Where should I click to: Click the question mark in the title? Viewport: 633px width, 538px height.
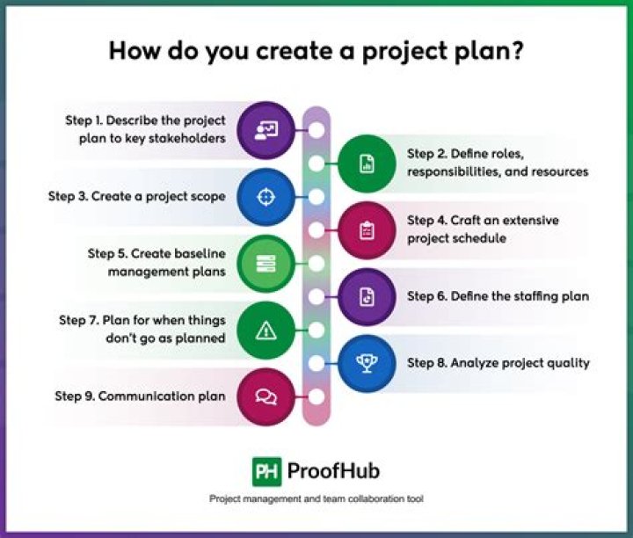click(515, 50)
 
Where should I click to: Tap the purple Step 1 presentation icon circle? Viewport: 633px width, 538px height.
click(266, 130)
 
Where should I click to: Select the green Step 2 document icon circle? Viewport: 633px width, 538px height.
click(367, 164)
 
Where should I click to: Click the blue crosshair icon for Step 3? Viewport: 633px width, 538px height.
click(266, 197)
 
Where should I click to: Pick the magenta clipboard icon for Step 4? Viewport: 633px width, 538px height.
click(367, 230)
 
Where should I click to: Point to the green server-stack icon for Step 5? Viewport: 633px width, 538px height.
click(266, 264)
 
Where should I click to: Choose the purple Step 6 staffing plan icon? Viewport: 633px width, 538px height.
click(367, 296)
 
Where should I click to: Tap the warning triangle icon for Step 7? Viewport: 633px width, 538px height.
click(266, 331)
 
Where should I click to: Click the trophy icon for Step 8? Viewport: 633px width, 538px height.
click(367, 363)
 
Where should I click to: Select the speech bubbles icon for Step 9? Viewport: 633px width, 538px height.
click(266, 396)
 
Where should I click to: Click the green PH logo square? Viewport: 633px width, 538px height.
click(267, 471)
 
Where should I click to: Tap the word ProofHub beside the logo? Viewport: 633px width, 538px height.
click(333, 471)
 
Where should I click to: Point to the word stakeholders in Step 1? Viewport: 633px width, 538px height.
click(187, 138)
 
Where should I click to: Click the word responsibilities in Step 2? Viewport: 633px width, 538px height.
click(455, 172)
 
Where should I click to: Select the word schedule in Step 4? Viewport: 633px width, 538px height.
click(480, 238)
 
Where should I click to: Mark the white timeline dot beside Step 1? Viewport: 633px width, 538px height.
click(316, 130)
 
